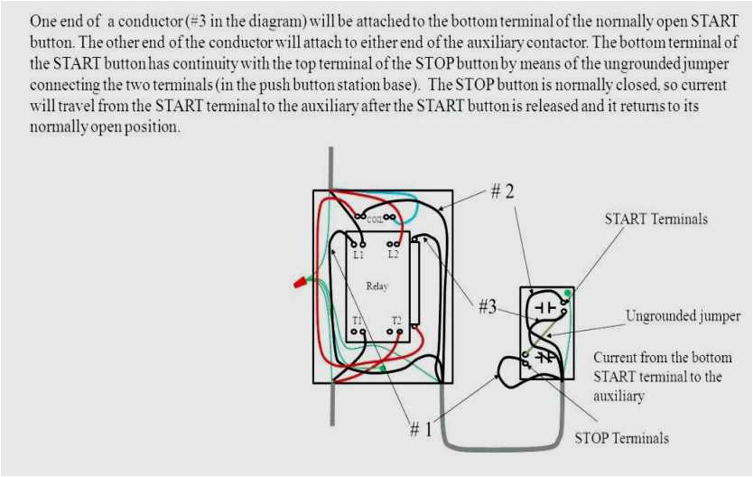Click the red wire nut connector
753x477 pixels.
coord(298,283)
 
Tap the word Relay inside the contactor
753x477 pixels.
coord(376,286)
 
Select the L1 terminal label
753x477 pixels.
coord(358,255)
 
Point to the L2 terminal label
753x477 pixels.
coord(393,255)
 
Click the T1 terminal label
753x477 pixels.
coord(358,321)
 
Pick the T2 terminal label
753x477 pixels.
coord(395,321)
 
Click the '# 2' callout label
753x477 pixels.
coord(503,192)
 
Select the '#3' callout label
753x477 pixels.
coord(488,306)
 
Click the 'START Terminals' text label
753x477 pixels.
coord(655,220)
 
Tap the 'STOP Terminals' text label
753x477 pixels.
coord(622,438)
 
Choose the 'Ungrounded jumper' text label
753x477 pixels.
coord(683,316)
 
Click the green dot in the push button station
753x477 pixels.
coord(567,294)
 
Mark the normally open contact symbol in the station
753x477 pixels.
coord(544,308)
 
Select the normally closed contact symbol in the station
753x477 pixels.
coord(544,357)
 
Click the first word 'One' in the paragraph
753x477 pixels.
coord(43,20)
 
